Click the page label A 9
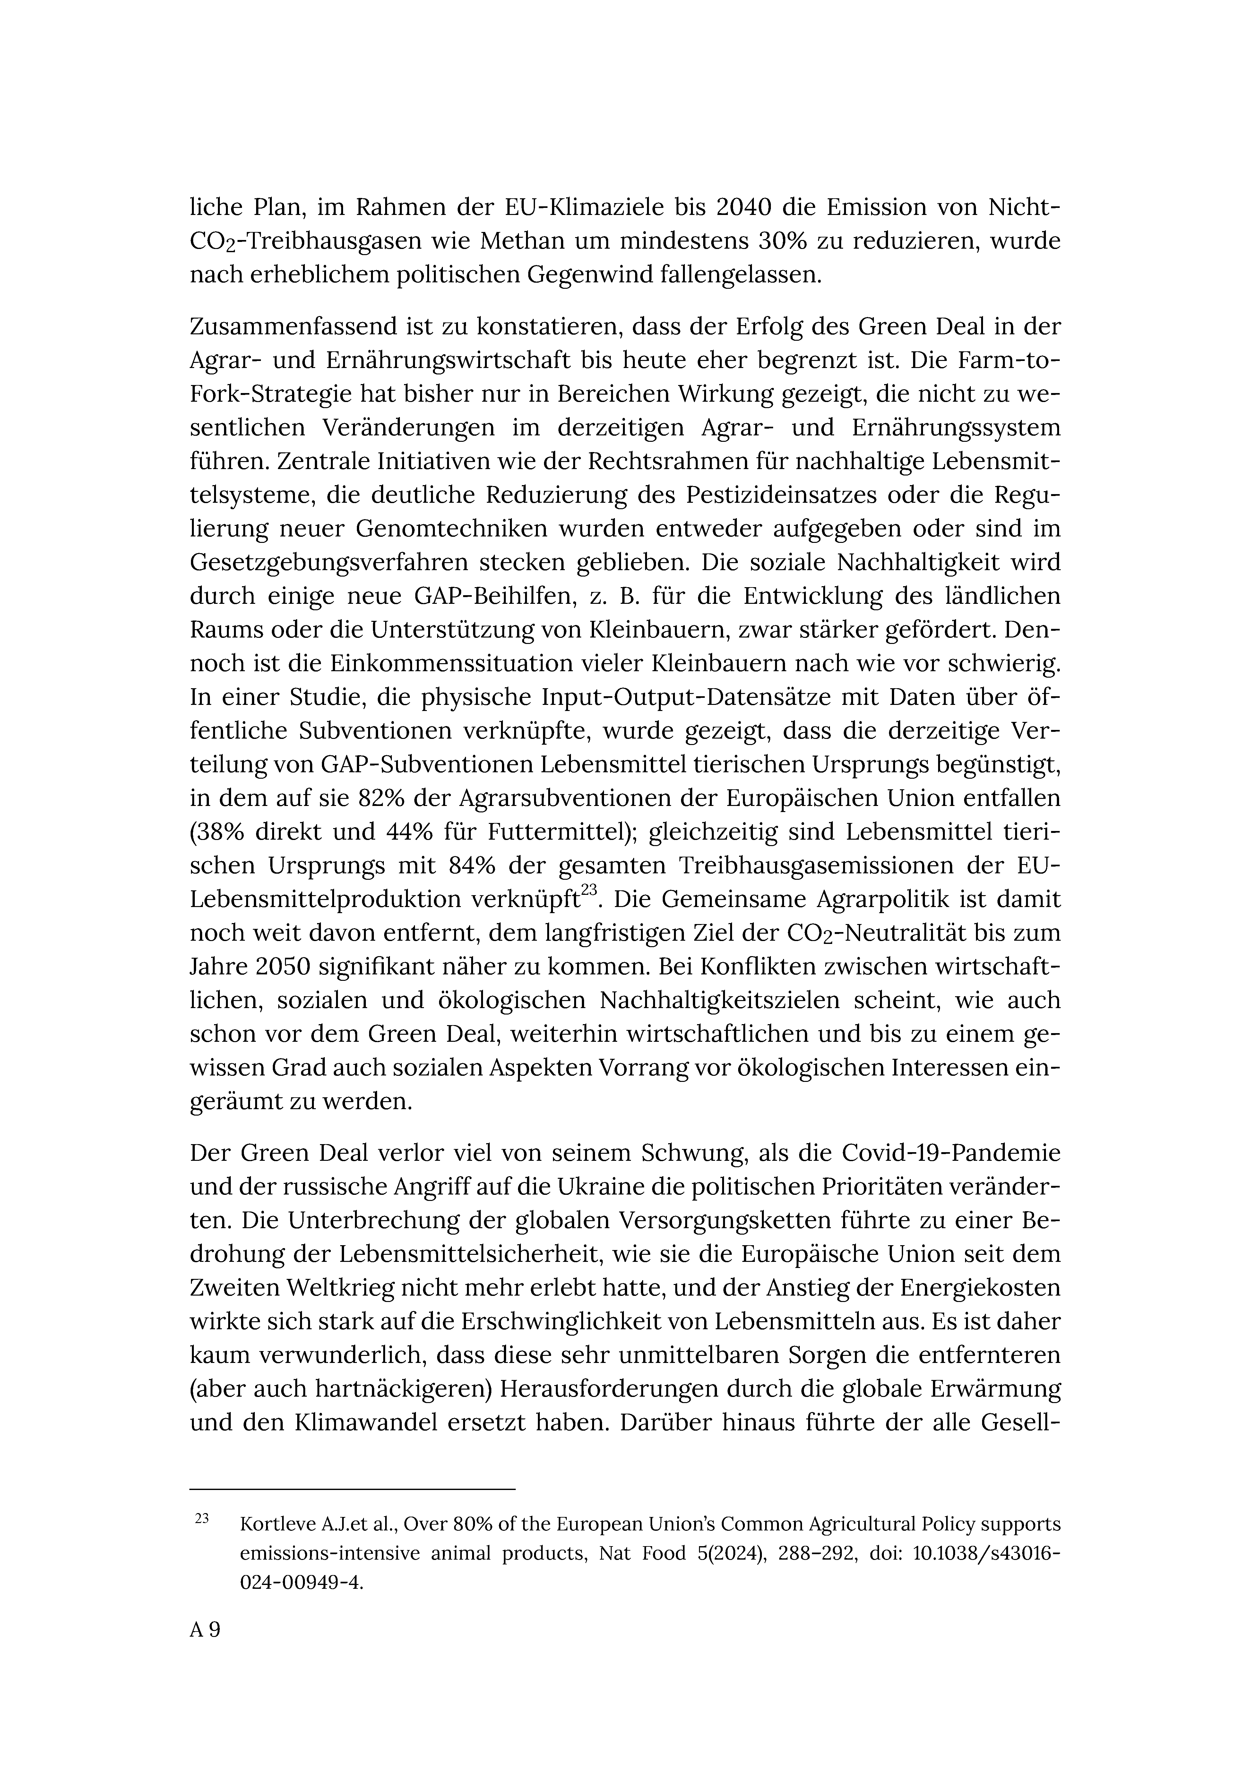point(205,1630)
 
